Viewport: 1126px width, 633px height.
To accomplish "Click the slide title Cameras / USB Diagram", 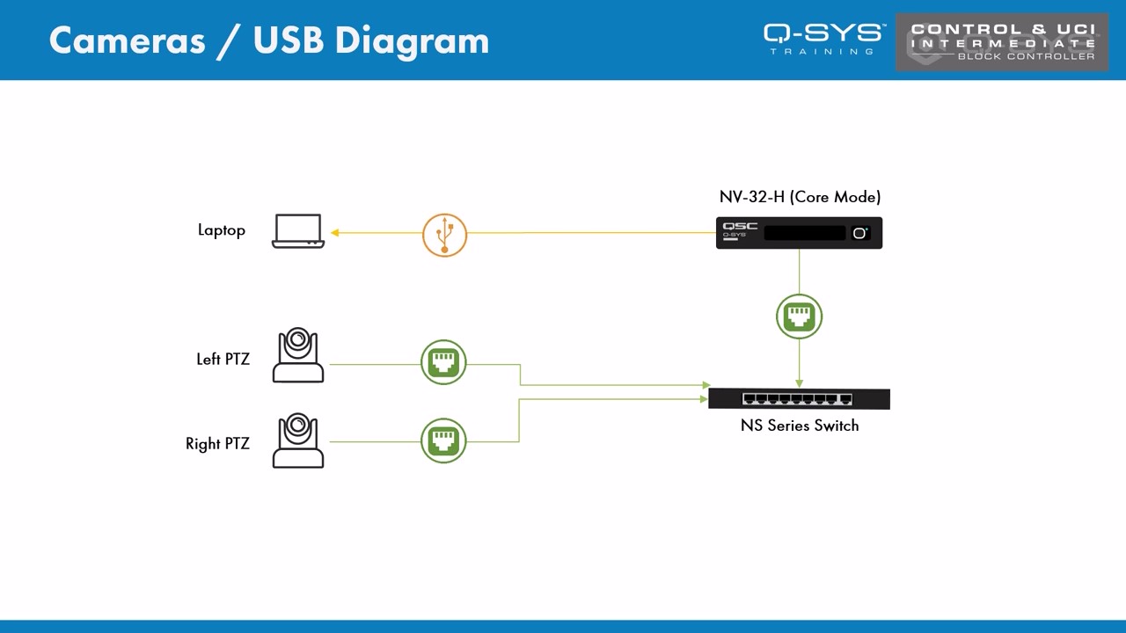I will point(268,40).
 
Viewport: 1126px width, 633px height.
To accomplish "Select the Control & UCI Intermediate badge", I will point(1002,41).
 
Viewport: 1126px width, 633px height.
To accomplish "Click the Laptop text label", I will point(221,230).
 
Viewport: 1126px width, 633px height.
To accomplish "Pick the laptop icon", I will point(298,231).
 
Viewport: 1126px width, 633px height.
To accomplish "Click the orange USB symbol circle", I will point(444,235).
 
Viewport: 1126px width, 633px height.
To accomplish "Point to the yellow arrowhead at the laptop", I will point(335,233).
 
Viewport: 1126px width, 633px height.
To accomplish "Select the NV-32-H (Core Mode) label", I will point(800,197).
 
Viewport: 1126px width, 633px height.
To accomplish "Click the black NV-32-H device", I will point(799,233).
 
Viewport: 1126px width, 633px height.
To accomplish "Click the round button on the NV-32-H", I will point(859,233).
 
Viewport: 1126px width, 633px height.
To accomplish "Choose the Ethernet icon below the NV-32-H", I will point(799,316).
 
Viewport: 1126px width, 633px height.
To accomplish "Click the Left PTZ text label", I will point(223,360).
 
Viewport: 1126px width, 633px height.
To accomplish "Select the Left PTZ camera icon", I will point(298,356).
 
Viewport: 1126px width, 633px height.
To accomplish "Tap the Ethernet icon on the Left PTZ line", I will point(443,362).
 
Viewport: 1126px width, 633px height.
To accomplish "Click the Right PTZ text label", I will point(217,444).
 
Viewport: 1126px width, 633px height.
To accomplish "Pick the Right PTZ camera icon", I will point(298,440).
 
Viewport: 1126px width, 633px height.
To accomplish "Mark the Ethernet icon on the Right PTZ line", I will point(443,440).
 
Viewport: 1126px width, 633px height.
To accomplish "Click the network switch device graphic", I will point(799,399).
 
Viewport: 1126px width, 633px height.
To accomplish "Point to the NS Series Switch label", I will point(799,426).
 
